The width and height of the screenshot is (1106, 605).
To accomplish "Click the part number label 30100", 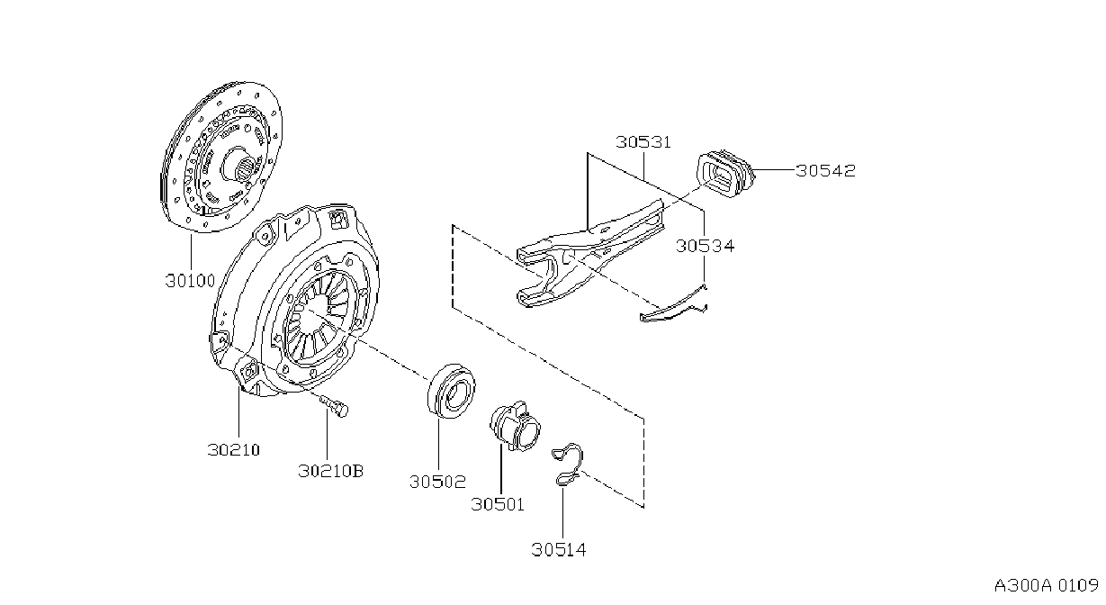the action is click(190, 281).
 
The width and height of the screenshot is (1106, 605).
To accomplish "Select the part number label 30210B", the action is click(330, 471).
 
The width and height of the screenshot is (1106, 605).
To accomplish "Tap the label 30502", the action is click(438, 482).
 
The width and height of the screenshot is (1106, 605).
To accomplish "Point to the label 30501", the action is click(498, 504).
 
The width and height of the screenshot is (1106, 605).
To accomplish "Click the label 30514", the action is click(559, 550).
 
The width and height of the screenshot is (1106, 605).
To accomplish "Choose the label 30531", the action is click(643, 142).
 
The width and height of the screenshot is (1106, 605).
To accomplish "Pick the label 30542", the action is click(825, 170).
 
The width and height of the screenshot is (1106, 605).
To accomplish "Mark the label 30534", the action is click(705, 246).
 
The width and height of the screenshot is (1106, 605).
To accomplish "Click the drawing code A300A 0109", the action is click(1047, 586).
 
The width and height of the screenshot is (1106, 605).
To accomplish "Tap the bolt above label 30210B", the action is click(334, 405).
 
